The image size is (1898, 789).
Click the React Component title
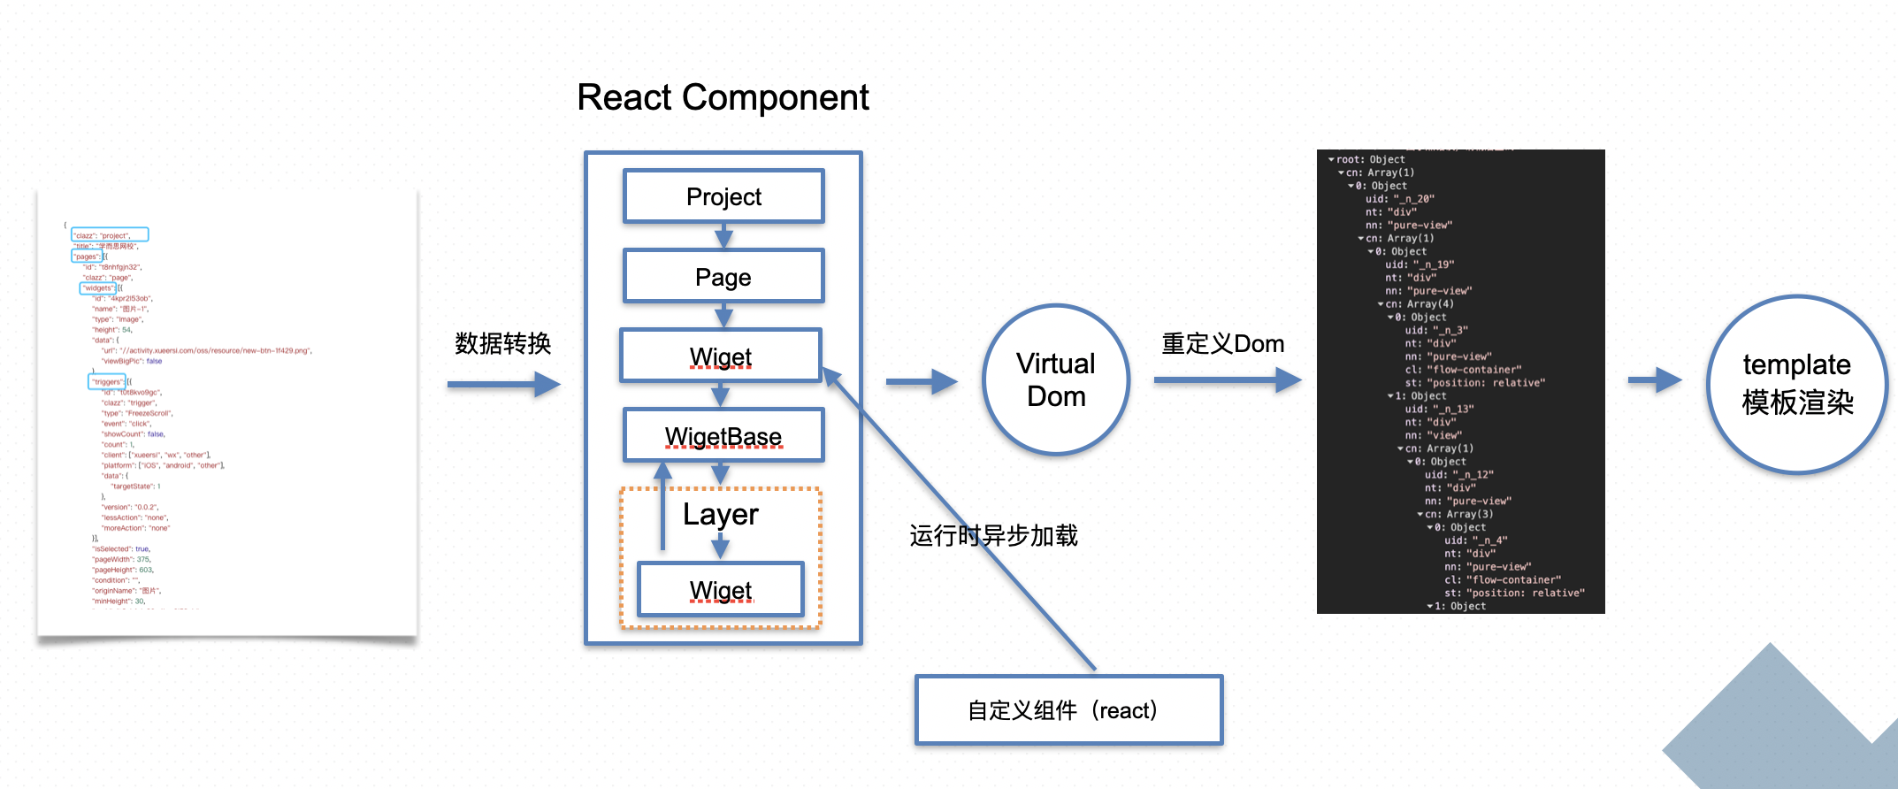(723, 97)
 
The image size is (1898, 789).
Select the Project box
(723, 196)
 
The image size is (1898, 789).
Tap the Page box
(723, 277)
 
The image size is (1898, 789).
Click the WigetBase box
(723, 435)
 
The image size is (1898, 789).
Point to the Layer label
(721, 514)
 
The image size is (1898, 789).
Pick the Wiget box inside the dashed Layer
(721, 589)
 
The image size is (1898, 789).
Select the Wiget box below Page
(721, 356)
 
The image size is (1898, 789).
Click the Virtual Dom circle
(1055, 379)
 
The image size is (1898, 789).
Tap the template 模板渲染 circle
(1796, 384)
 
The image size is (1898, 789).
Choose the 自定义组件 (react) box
(1068, 710)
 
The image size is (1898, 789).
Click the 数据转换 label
(502, 343)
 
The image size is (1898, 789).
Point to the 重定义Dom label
(1222, 343)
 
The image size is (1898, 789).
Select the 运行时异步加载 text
(993, 535)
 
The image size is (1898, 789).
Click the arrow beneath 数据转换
(503, 384)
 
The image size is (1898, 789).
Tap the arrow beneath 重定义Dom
(1227, 380)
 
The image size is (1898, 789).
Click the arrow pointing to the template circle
(1654, 380)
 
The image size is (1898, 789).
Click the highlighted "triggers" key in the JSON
(107, 382)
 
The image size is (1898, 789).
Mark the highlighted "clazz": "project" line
(110, 235)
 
